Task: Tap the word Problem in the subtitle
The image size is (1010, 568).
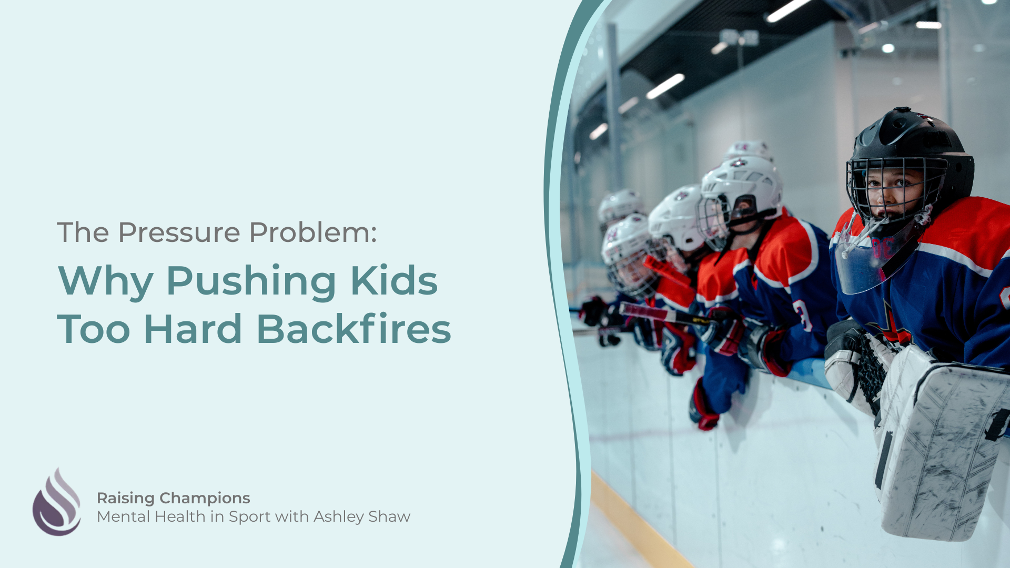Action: (313, 232)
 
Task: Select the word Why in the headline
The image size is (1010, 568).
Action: (106, 282)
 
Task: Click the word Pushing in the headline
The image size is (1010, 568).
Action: (251, 282)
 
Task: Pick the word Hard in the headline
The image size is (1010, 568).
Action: (193, 329)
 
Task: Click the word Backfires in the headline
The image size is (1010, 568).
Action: (353, 329)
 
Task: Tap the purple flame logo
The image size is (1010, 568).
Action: (57, 502)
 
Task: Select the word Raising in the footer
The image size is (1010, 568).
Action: (126, 499)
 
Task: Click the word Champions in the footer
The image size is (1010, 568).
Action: (205, 499)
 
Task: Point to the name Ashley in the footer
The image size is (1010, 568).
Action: (339, 517)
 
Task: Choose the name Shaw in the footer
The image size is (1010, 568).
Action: (389, 516)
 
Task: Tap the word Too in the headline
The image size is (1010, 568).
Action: (94, 329)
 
